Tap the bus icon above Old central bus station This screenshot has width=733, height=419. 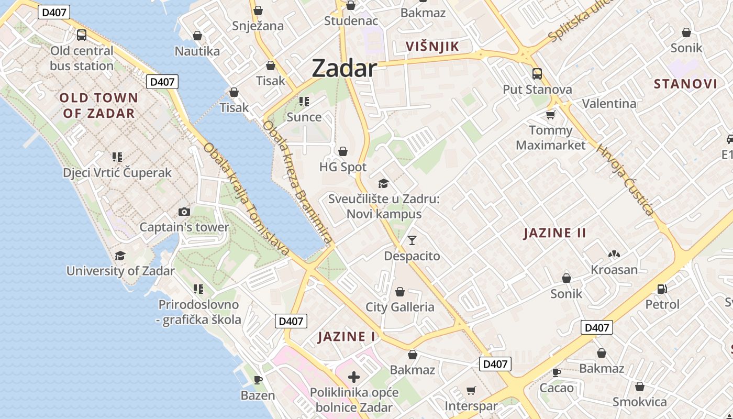tap(82, 35)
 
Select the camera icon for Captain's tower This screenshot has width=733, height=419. tap(184, 212)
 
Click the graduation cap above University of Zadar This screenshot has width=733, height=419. tap(120, 256)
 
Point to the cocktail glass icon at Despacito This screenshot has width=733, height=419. tap(412, 240)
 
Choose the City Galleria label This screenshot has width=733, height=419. tap(400, 307)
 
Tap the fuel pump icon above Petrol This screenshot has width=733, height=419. tap(662, 289)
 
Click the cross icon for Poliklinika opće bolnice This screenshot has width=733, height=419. tap(354, 377)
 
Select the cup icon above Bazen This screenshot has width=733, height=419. tap(258, 380)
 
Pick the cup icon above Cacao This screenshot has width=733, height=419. tap(557, 372)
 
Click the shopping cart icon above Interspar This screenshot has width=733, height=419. tap(471, 390)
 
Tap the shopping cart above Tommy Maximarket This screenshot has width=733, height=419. tap(550, 115)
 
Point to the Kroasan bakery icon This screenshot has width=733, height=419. tap(614, 255)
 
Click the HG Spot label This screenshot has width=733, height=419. tap(343, 167)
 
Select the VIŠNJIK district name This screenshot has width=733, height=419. tap(432, 47)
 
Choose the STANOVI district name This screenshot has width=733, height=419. tap(685, 84)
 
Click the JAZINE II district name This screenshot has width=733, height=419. tap(555, 233)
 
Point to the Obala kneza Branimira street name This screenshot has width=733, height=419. tap(297, 183)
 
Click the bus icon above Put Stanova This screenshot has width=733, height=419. tap(537, 73)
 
